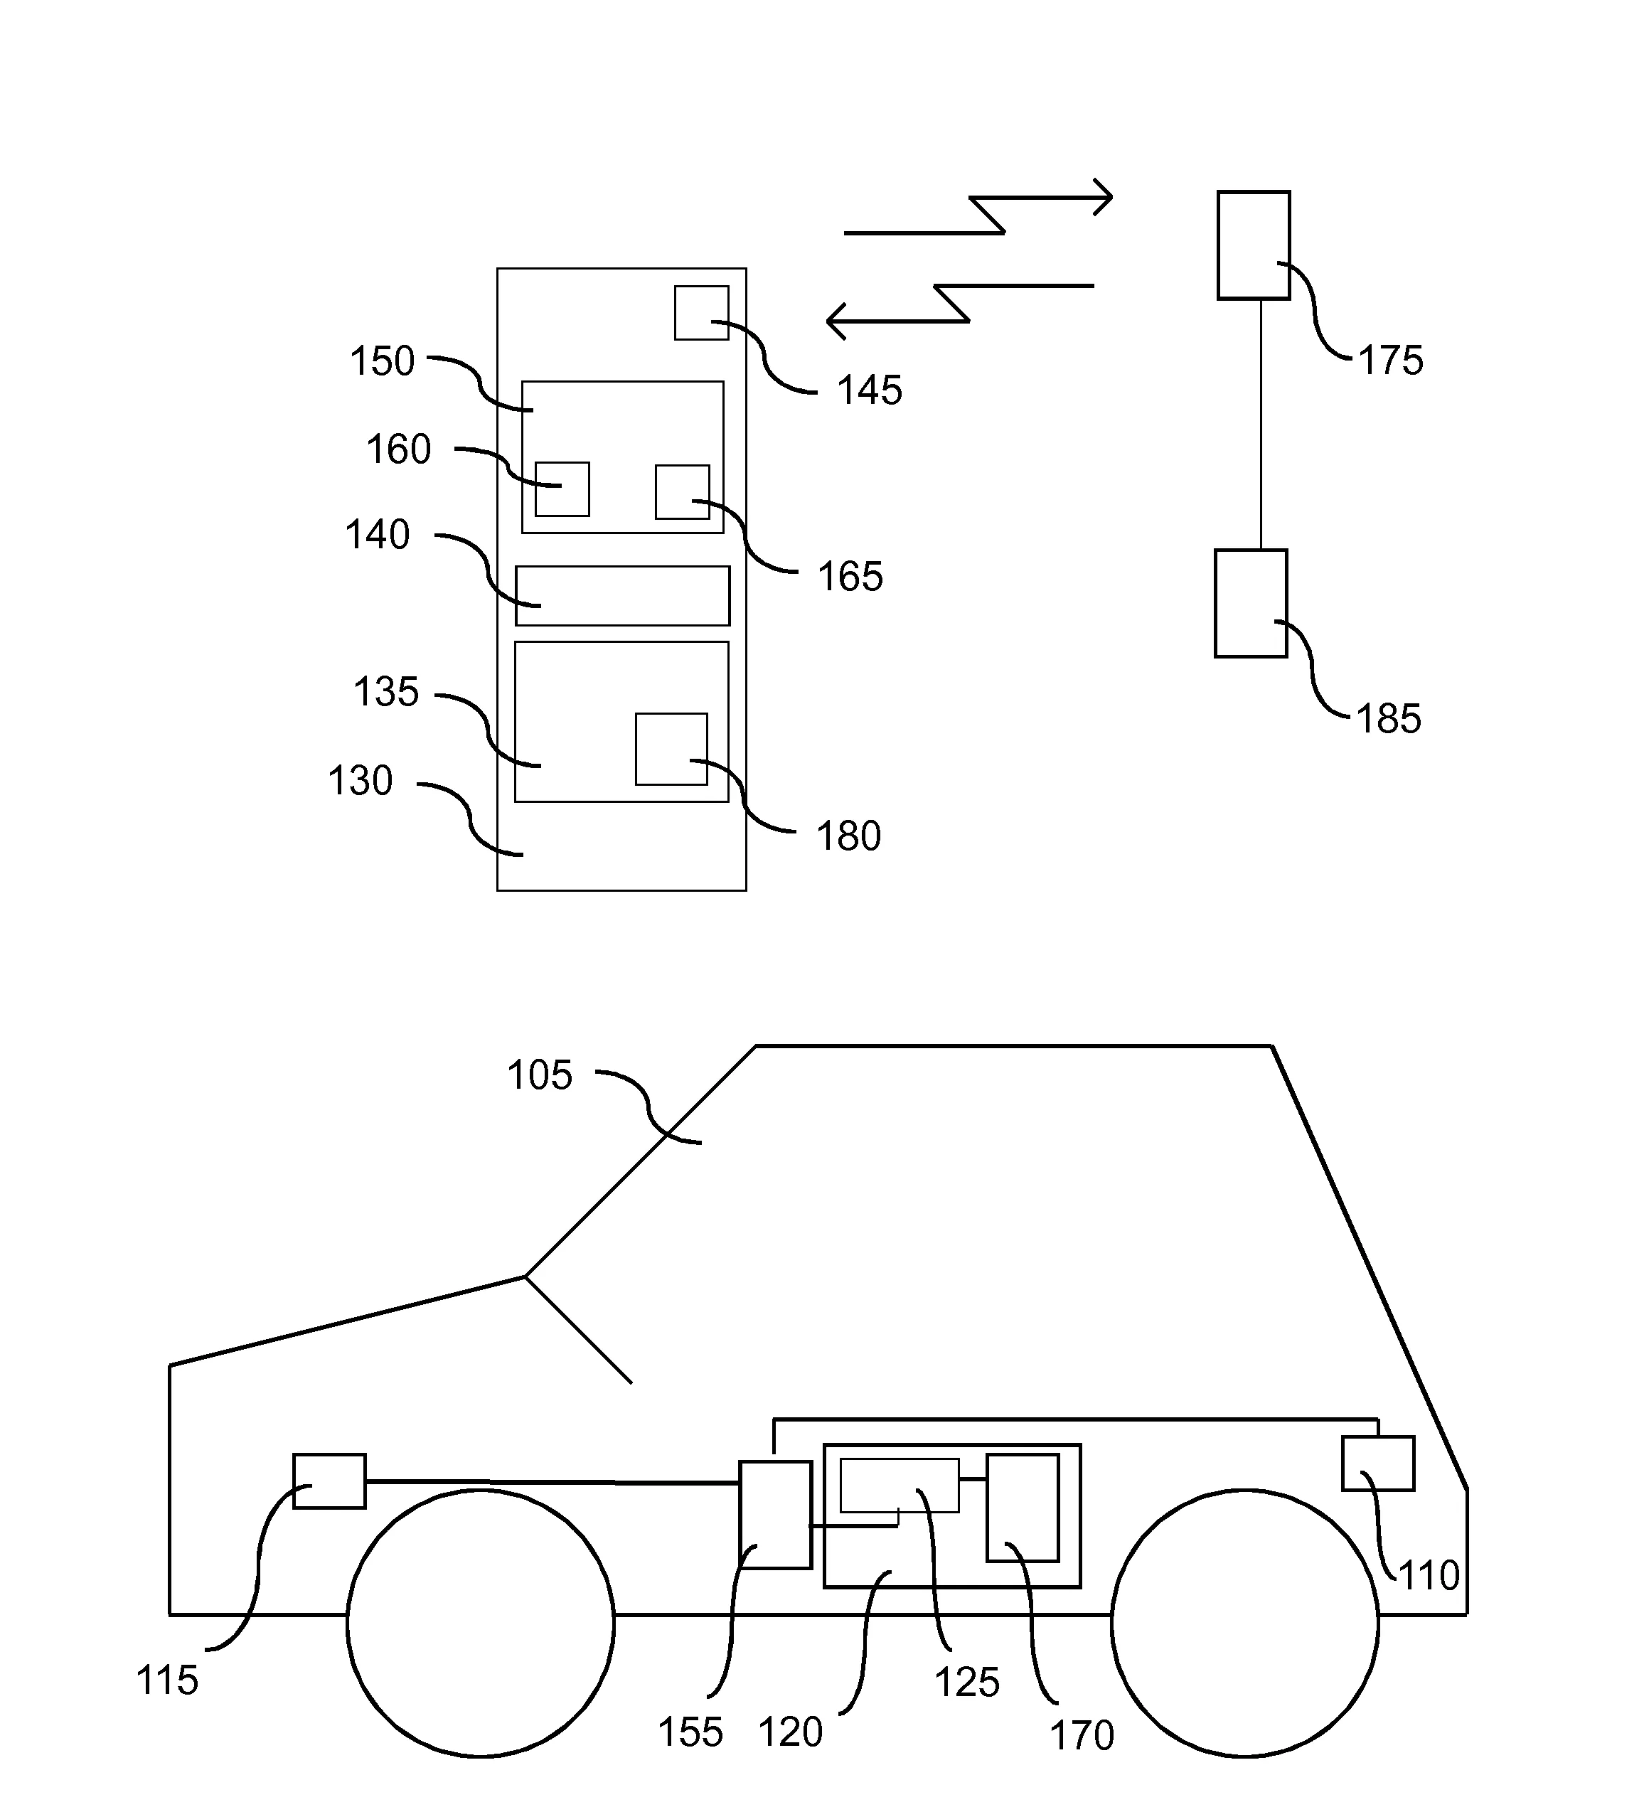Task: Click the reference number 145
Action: pos(869,391)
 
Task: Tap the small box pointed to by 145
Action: pos(701,313)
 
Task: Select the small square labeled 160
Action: pos(562,489)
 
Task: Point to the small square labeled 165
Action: pos(682,492)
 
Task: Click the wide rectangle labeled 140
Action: pos(622,596)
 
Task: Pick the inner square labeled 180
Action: pos(671,750)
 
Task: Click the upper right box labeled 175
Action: pos(1253,245)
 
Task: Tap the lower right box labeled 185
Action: pos(1251,603)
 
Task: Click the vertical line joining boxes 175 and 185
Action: pos(1261,424)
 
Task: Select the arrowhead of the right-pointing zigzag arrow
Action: pos(1109,196)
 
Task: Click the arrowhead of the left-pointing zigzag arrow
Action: pos(831,321)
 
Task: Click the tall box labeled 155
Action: pos(774,1514)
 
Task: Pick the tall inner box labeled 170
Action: pos(1022,1508)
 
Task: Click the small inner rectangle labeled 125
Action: pos(899,1484)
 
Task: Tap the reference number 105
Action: pos(539,1075)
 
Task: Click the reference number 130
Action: pos(360,782)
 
